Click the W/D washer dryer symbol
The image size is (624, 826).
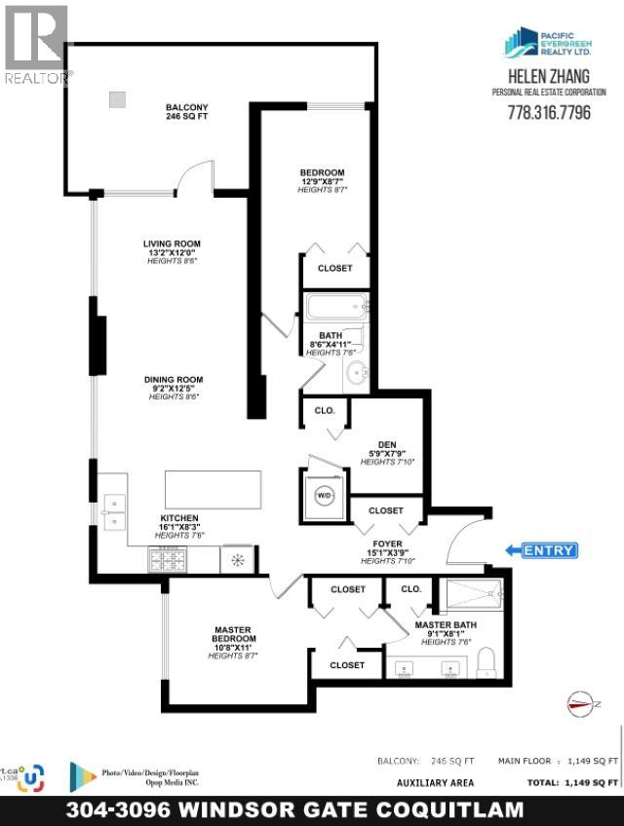tap(324, 495)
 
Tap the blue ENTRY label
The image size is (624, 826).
tap(549, 550)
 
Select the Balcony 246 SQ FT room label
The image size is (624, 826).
tap(187, 113)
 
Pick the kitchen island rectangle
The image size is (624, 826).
tap(214, 490)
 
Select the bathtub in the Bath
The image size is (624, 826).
tap(337, 308)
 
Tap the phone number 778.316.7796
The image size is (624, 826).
tap(549, 113)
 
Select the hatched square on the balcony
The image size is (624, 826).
tap(118, 97)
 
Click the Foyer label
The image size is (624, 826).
tap(381, 550)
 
